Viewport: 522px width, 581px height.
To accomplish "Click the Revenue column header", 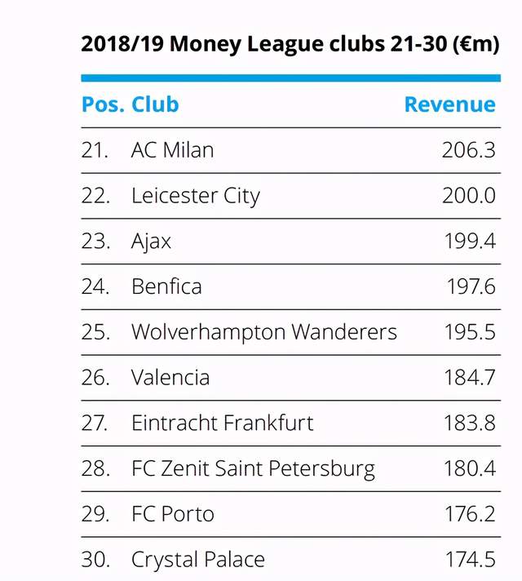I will coord(449,105).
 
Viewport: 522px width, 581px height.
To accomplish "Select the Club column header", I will coord(155,105).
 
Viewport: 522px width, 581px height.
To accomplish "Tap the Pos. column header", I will coord(103,105).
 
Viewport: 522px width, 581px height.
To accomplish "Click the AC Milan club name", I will coord(172,150).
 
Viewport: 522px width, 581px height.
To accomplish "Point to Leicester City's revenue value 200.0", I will coord(468,196).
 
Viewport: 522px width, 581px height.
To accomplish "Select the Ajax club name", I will coord(151,242).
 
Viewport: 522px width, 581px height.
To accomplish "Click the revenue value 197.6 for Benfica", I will coord(471,287).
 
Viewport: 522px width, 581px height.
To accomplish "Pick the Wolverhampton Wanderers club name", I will coord(264,332).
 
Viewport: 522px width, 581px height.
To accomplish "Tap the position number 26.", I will coord(95,378).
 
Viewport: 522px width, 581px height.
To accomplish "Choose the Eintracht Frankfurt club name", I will coord(222,424).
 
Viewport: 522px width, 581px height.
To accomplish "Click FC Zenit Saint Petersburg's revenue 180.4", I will coord(468,469).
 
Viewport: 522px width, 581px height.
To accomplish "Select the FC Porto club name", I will coord(172,515).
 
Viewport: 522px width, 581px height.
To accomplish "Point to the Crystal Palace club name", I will coord(197,561).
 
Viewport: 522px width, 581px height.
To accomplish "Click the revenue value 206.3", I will coord(468,150).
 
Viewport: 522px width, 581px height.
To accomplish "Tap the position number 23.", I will coord(95,242).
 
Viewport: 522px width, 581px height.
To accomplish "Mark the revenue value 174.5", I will coord(469,561).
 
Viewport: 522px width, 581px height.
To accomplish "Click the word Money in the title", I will coord(210,44).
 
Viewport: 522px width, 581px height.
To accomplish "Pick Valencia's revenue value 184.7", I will coord(469,378).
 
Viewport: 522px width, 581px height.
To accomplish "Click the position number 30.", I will coord(95,561).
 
